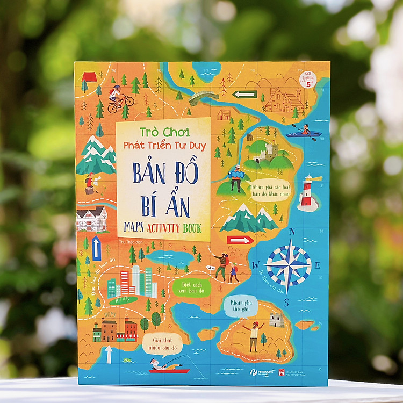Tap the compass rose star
click(289, 265)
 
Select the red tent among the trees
click(90, 77)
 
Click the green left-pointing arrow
click(244, 95)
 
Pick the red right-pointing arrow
click(240, 240)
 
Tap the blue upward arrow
click(97, 248)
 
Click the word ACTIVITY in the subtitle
click(160, 228)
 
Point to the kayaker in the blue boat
click(304, 131)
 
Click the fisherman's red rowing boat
click(169, 370)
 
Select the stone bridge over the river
click(201, 97)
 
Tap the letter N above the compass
click(292, 232)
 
